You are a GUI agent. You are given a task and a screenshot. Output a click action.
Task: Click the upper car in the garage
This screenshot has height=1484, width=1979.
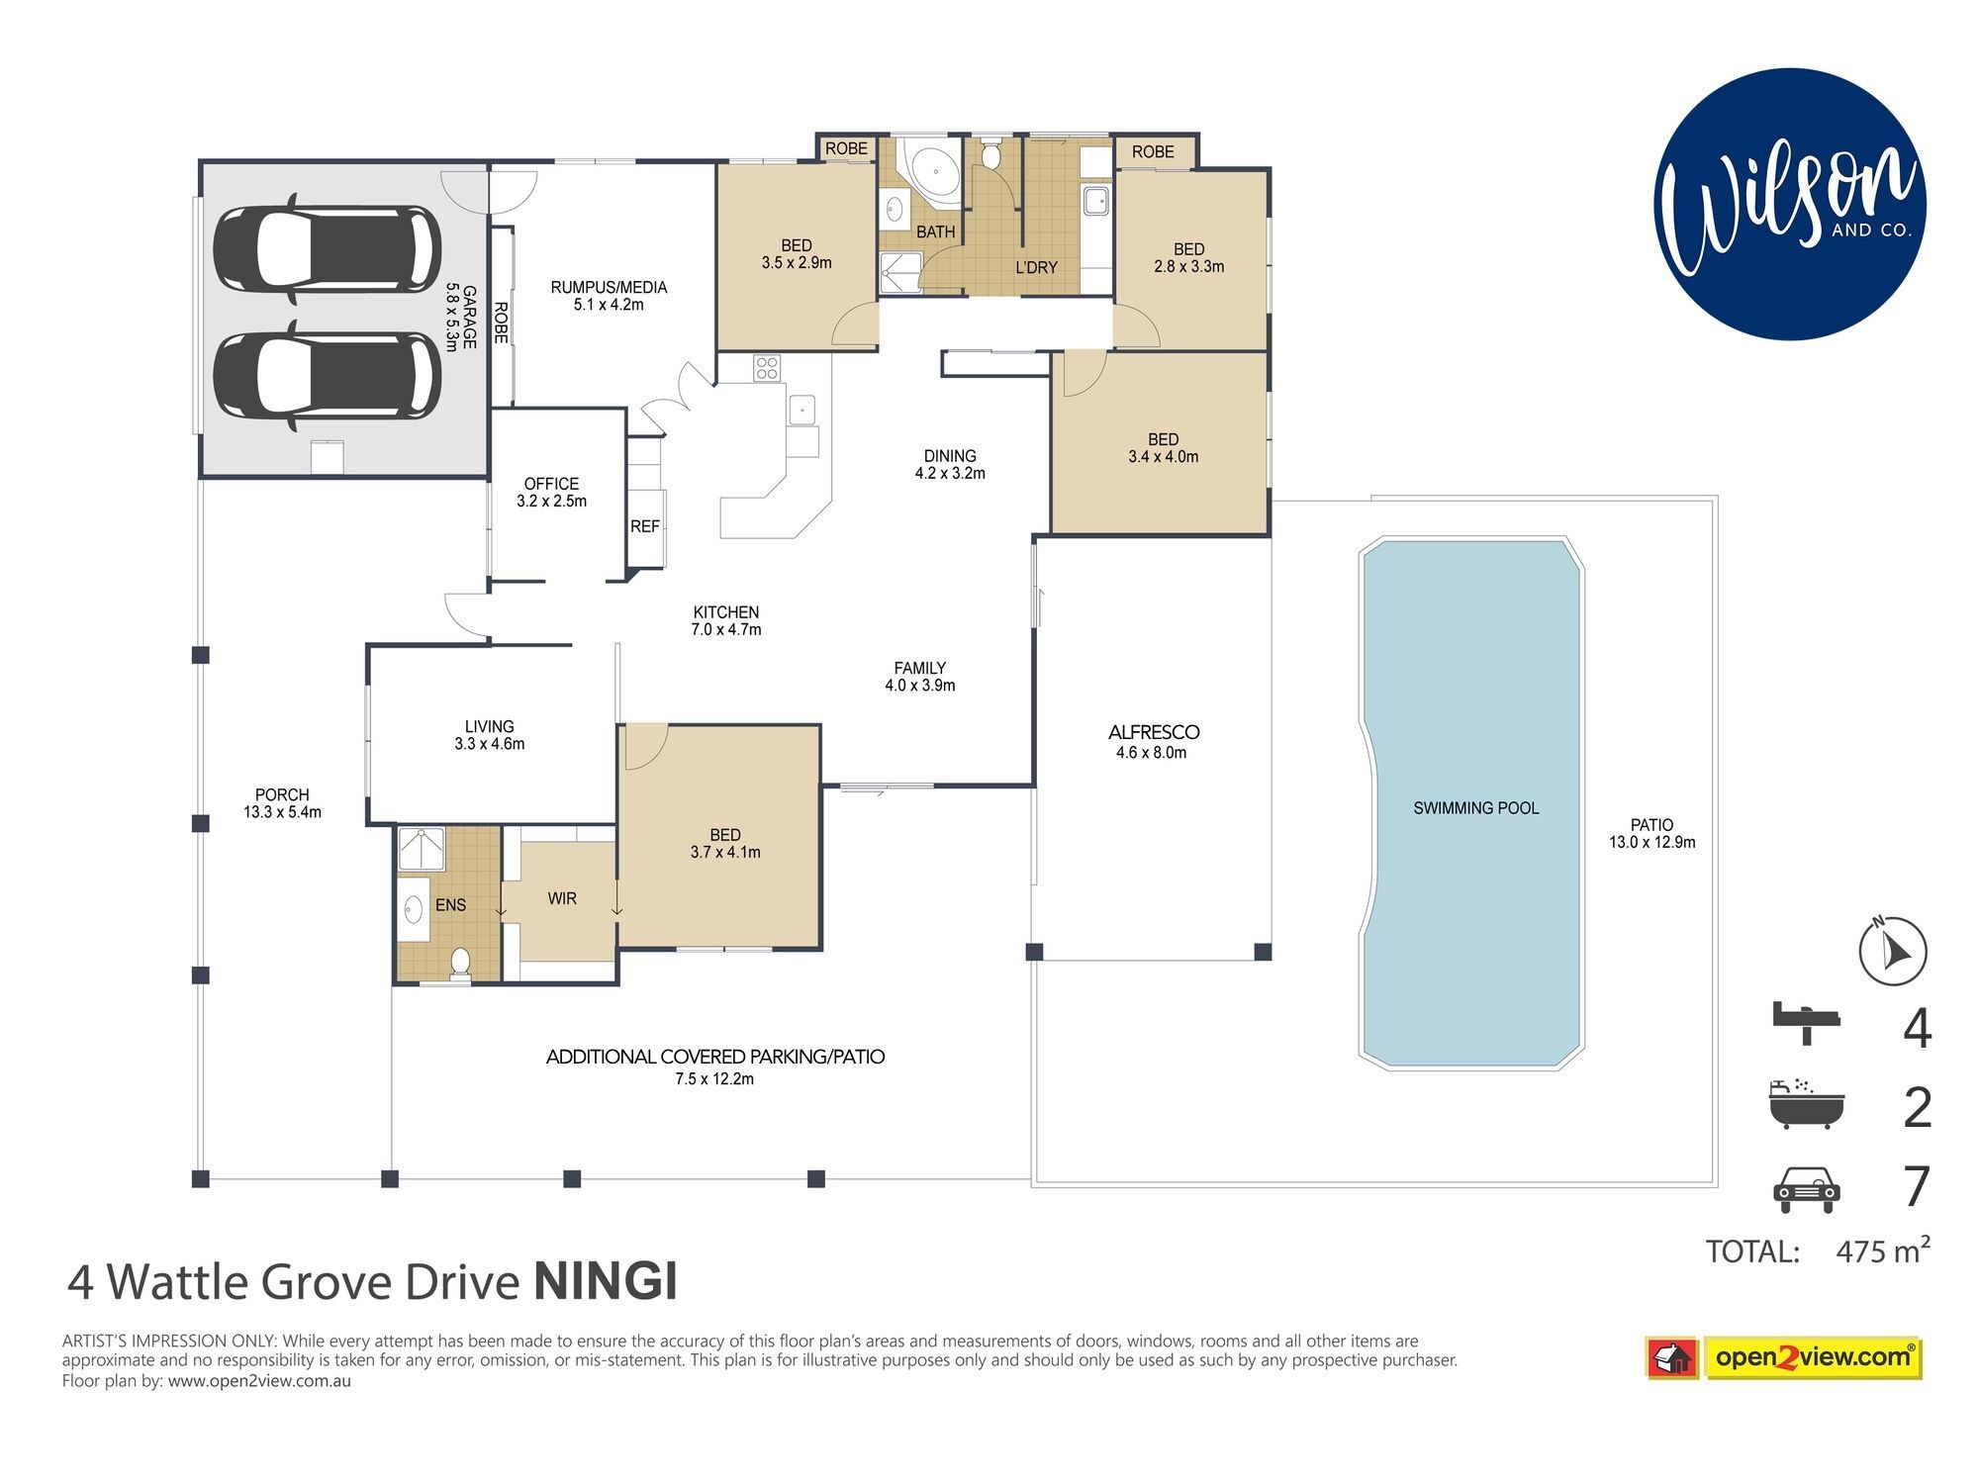click(x=328, y=248)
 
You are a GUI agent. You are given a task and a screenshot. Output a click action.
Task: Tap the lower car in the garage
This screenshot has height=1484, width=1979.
click(x=328, y=375)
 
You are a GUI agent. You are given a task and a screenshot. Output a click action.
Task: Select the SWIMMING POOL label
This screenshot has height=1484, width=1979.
click(x=1475, y=808)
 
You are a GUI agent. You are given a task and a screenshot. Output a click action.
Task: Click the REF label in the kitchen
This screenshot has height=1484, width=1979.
click(x=645, y=526)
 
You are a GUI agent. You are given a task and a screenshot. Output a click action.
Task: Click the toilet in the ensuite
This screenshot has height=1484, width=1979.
click(x=460, y=963)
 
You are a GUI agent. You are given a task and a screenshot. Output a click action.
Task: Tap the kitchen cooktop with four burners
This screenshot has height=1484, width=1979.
click(x=767, y=368)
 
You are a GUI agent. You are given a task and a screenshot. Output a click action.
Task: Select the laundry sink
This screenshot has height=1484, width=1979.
click(x=1095, y=201)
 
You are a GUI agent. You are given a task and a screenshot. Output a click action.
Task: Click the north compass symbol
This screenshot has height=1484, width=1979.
click(x=1893, y=952)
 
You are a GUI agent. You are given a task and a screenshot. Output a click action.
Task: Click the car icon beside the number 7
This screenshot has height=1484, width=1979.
click(x=1807, y=1188)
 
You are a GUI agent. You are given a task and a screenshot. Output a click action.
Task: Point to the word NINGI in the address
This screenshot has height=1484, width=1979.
click(x=606, y=1282)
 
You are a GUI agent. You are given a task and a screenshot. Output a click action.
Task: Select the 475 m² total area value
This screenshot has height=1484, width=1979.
click(x=1882, y=1251)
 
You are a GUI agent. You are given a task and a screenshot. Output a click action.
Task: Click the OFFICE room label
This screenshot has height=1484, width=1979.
click(x=551, y=484)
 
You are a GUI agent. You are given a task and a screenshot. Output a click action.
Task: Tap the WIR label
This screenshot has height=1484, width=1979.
click(x=562, y=898)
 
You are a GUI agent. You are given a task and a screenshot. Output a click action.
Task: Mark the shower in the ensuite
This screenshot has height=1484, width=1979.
click(x=422, y=849)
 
